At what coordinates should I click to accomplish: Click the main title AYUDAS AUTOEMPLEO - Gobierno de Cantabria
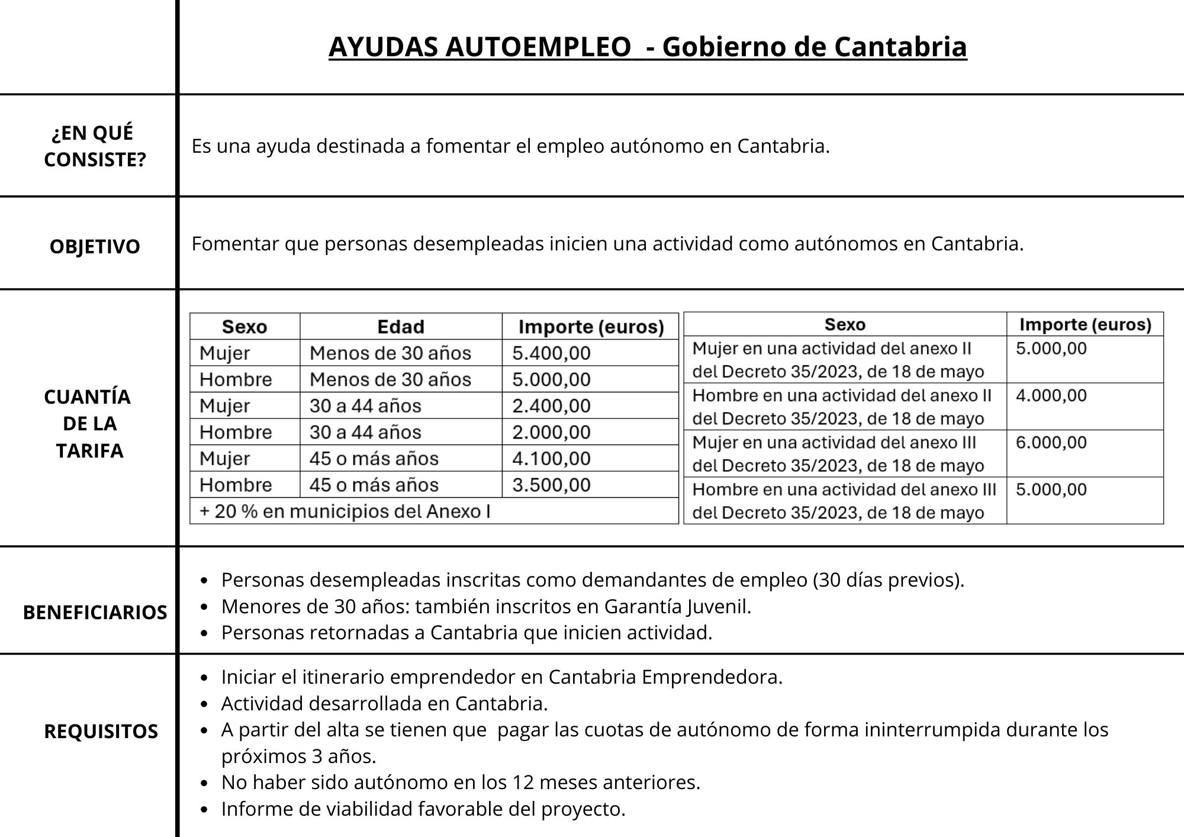[x=648, y=47]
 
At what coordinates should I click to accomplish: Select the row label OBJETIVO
[x=95, y=246]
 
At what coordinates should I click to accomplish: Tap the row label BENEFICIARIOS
[x=95, y=612]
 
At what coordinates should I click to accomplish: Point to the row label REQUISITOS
[x=101, y=732]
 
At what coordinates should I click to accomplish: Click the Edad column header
[x=401, y=327]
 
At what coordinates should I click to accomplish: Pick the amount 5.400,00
[x=551, y=353]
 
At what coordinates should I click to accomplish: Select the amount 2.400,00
[x=551, y=406]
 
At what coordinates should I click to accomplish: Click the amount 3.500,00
[x=551, y=485]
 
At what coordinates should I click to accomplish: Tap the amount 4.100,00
[x=551, y=459]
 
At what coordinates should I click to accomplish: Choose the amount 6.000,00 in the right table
[x=1051, y=443]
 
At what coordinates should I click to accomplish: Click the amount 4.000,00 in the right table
[x=1051, y=395]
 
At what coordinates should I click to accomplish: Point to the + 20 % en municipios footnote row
[x=345, y=511]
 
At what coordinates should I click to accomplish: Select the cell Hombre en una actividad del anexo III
[x=844, y=501]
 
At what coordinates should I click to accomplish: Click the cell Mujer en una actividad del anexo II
[x=838, y=360]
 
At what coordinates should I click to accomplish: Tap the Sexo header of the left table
[x=244, y=327]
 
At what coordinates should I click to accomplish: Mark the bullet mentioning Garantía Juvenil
[x=486, y=607]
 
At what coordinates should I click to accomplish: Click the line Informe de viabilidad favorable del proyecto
[x=423, y=809]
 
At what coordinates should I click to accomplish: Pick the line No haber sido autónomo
[x=461, y=783]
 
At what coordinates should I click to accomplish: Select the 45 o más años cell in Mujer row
[x=374, y=459]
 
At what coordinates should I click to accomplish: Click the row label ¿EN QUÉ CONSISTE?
[x=95, y=146]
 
